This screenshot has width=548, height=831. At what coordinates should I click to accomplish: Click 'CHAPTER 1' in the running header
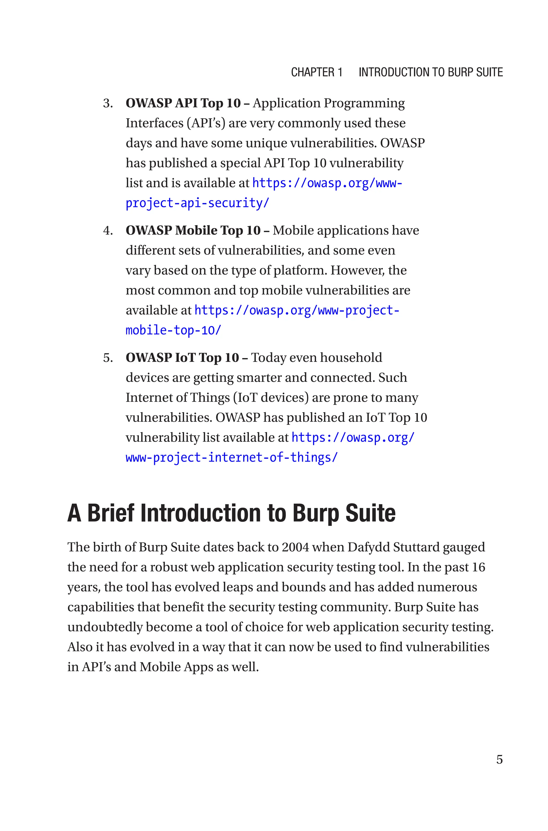pos(316,72)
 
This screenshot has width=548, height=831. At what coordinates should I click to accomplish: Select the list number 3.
pos(108,103)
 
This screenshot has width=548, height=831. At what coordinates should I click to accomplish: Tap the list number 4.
pos(108,231)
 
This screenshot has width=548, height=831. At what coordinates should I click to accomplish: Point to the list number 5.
pos(108,358)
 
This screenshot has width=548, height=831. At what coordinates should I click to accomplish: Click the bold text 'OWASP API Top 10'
pos(183,103)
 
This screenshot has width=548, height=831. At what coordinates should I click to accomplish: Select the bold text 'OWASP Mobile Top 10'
pos(193,231)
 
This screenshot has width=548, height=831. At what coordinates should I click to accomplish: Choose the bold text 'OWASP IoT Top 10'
pos(182,358)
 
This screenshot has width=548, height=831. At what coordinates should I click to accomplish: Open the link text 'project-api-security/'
pos(197,203)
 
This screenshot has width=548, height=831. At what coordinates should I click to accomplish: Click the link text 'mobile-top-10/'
pos(173,330)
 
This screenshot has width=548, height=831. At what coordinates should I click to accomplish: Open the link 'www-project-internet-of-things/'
pos(232,457)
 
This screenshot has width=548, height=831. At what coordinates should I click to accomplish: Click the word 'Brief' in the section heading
pos(111,513)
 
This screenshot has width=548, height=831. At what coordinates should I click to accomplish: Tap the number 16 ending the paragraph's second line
pos(478,567)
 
